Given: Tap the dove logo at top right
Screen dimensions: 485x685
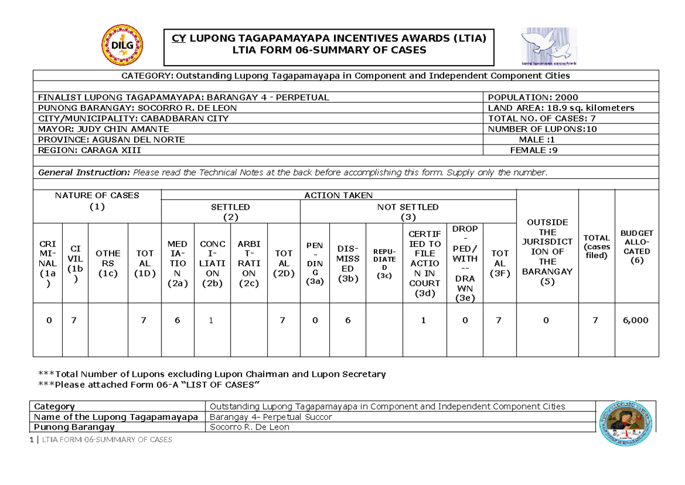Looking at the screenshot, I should click(545, 46).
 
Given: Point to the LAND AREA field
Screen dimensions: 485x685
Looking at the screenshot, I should click(561, 108).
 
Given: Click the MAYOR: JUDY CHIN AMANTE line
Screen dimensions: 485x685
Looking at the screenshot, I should click(103, 129).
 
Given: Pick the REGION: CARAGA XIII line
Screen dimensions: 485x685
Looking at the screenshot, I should click(89, 150).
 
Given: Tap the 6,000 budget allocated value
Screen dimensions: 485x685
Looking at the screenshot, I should click(636, 320).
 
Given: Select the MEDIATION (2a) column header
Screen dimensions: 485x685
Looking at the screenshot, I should click(178, 264).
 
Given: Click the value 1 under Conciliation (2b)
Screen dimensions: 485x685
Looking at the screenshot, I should click(211, 320).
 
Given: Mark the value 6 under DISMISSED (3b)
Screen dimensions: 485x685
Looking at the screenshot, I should click(348, 320).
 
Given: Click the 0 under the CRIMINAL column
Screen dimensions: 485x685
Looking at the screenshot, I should click(49, 320).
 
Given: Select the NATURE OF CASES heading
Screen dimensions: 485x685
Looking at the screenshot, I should click(97, 201).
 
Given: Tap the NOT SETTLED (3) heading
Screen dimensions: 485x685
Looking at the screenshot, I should click(408, 211).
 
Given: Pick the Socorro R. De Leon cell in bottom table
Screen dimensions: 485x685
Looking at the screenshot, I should click(250, 427).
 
